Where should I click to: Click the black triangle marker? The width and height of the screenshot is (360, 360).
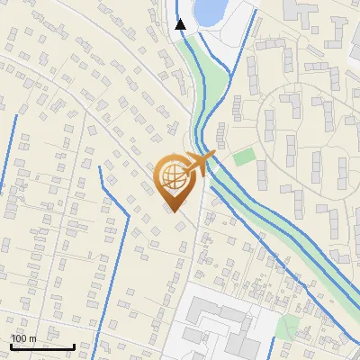tap(181, 24)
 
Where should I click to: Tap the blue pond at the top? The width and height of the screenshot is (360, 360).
tap(209, 11)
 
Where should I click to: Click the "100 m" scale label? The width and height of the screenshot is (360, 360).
tap(23, 338)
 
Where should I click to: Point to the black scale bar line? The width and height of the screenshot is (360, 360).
tap(42, 346)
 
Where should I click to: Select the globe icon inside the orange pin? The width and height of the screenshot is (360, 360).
tap(175, 179)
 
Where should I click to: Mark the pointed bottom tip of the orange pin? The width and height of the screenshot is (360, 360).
tap(175, 212)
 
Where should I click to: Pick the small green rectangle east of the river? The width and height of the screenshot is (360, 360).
tap(244, 157)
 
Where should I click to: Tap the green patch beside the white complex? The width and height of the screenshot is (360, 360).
tap(287, 325)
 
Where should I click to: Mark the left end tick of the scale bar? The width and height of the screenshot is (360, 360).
tap(12, 346)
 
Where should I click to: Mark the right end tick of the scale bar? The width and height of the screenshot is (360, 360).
tap(74, 346)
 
